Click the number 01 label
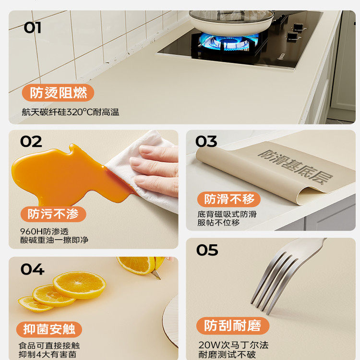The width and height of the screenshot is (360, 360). click(x=32, y=27)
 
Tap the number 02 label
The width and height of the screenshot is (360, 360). click(x=31, y=142)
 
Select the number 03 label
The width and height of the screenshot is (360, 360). click(x=206, y=142)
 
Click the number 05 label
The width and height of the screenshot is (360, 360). click(x=207, y=250)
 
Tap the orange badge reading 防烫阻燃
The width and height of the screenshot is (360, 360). click(x=58, y=93)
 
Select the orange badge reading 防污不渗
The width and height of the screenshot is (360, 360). click(x=53, y=214)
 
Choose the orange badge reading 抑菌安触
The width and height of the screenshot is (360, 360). click(x=49, y=329)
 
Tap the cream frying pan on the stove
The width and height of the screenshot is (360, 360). click(x=231, y=20)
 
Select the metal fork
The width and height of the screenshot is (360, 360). click(x=283, y=274)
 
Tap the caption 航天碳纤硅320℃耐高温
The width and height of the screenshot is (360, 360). click(x=70, y=112)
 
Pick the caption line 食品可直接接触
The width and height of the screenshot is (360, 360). click(x=49, y=345)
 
